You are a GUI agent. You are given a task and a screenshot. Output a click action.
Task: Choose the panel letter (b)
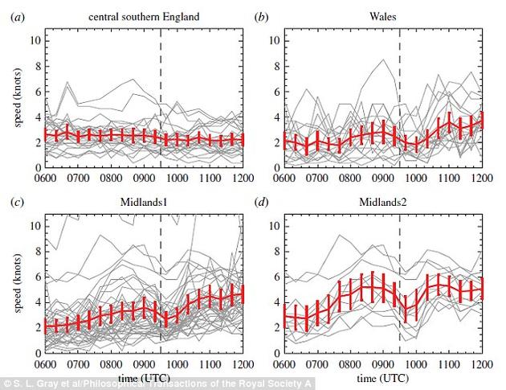(261, 15)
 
